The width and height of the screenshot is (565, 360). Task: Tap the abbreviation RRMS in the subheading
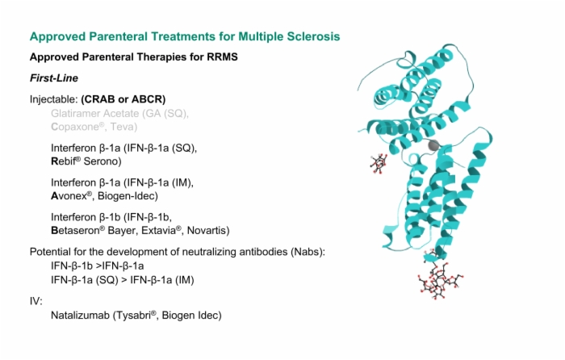[222, 57]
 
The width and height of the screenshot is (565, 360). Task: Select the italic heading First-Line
[54, 78]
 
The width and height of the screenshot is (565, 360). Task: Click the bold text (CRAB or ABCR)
[123, 99]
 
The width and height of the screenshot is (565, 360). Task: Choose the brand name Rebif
[66, 161]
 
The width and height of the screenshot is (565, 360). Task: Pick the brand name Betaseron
[77, 230]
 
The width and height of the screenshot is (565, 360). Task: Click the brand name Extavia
[161, 230]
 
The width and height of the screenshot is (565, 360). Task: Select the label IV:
[36, 301]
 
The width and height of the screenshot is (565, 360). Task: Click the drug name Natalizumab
[80, 316]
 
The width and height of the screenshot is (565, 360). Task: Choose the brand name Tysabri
[135, 316]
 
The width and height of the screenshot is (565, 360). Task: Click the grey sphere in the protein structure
[434, 145]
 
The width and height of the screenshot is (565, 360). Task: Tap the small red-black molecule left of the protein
[379, 164]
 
